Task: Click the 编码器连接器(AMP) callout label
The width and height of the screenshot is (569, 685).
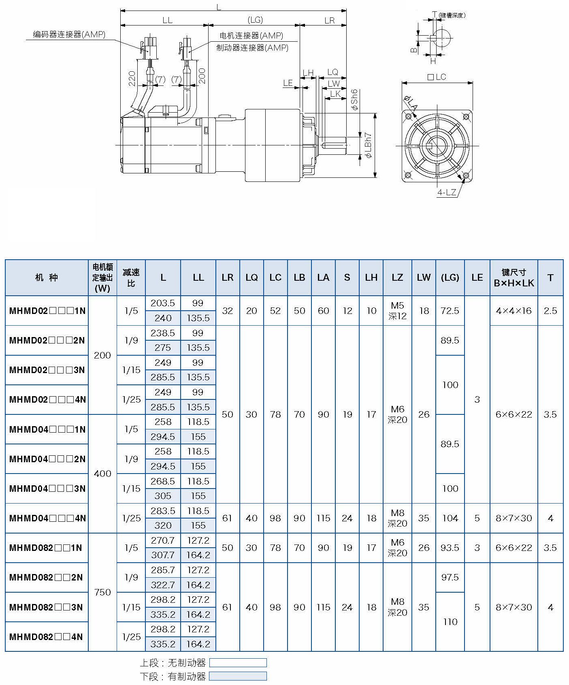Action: tap(69, 35)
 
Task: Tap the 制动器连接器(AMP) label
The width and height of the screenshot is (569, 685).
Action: tap(252, 48)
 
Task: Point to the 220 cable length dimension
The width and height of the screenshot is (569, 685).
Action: tap(132, 78)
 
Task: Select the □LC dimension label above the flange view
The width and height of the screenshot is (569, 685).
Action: tap(437, 77)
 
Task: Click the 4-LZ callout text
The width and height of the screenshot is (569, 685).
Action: tap(446, 192)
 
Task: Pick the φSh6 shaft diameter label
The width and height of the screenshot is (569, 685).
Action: tap(354, 100)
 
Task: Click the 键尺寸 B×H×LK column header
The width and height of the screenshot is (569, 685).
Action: tap(514, 277)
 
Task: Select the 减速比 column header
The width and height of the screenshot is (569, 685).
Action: tap(131, 277)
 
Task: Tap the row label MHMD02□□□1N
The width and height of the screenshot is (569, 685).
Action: tap(47, 311)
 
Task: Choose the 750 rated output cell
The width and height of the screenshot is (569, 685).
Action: tap(102, 592)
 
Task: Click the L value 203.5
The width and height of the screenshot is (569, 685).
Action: tap(163, 303)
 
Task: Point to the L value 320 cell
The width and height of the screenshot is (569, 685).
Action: tap(163, 525)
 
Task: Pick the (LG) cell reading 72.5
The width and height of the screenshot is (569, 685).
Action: tap(450, 311)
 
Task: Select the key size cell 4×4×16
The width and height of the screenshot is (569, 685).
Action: tap(514, 311)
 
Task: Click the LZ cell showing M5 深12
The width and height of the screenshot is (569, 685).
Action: tap(397, 311)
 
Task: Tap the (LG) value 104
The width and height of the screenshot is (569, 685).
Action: tap(450, 518)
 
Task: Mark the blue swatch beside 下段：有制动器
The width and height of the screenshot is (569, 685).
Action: tap(238, 676)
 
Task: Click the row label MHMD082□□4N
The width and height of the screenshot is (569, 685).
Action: tap(46, 637)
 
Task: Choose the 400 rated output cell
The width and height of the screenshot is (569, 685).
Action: tap(102, 474)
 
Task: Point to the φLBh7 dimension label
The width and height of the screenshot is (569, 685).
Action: tap(368, 145)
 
